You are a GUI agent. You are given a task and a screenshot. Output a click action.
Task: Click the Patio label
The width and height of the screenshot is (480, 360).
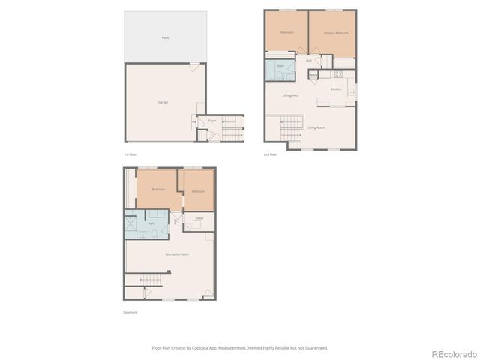tap(165, 37)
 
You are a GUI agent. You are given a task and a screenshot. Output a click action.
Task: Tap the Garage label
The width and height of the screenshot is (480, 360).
tap(163, 102)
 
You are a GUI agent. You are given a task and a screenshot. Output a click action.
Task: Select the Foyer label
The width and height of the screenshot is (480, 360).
tap(212, 120)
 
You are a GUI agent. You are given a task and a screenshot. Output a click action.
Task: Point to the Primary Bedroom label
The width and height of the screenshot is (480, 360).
tap(336, 34)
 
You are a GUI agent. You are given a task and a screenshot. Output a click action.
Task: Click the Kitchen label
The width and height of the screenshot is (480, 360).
tap(336, 89)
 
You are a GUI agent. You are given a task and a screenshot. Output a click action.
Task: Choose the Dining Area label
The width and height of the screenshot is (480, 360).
tap(290, 95)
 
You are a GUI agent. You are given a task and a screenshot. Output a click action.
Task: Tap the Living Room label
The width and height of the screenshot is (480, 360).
tap(316, 127)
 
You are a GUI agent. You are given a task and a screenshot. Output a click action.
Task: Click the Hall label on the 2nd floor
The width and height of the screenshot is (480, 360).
tap(308, 60)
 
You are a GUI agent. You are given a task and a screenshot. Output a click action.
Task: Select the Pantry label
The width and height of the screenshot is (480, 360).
tap(313, 74)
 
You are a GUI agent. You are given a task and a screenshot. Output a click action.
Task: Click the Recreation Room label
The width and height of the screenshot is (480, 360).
tap(177, 254)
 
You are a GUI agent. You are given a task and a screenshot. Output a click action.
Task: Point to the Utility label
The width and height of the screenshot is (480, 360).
tap(199, 218)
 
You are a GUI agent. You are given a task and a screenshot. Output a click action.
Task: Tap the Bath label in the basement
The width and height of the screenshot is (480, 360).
tap(151, 223)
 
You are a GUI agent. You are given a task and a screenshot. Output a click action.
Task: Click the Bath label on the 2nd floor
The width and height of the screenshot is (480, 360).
tap(280, 66)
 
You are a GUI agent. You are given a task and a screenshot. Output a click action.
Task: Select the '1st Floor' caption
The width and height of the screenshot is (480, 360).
tap(130, 154)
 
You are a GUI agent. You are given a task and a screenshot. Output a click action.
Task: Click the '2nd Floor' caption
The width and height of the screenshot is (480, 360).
tap(270, 154)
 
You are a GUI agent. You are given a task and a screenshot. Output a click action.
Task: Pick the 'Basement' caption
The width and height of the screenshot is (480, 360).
tap(130, 312)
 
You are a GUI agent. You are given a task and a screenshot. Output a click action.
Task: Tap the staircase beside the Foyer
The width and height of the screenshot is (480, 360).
tap(233, 128)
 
